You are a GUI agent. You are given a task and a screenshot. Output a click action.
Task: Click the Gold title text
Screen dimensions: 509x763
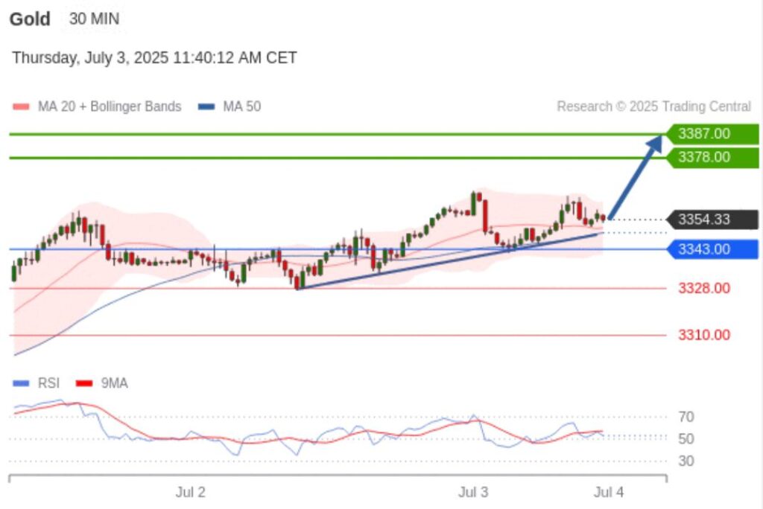30,19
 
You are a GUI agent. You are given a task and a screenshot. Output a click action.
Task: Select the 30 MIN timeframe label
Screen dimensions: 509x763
94,19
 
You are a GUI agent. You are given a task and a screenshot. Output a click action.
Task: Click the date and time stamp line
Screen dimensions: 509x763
154,57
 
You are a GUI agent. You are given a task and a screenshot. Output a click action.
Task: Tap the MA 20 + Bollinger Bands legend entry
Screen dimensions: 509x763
109,106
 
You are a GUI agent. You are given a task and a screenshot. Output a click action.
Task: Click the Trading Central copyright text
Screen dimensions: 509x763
653,106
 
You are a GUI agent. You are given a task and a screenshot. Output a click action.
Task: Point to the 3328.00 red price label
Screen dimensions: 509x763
703,288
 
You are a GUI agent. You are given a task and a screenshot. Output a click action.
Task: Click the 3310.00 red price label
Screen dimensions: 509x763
703,335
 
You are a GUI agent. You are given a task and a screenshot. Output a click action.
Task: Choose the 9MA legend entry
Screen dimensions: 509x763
114,383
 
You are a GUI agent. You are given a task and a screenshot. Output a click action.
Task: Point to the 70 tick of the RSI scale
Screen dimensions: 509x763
686,416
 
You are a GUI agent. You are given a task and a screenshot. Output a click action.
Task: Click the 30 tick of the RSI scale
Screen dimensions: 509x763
686,461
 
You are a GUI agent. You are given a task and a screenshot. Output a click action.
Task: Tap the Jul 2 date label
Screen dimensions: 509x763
190,492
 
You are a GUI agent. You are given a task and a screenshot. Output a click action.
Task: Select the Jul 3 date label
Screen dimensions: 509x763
473,492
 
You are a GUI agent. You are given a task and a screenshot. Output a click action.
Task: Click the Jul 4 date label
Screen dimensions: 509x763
609,492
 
